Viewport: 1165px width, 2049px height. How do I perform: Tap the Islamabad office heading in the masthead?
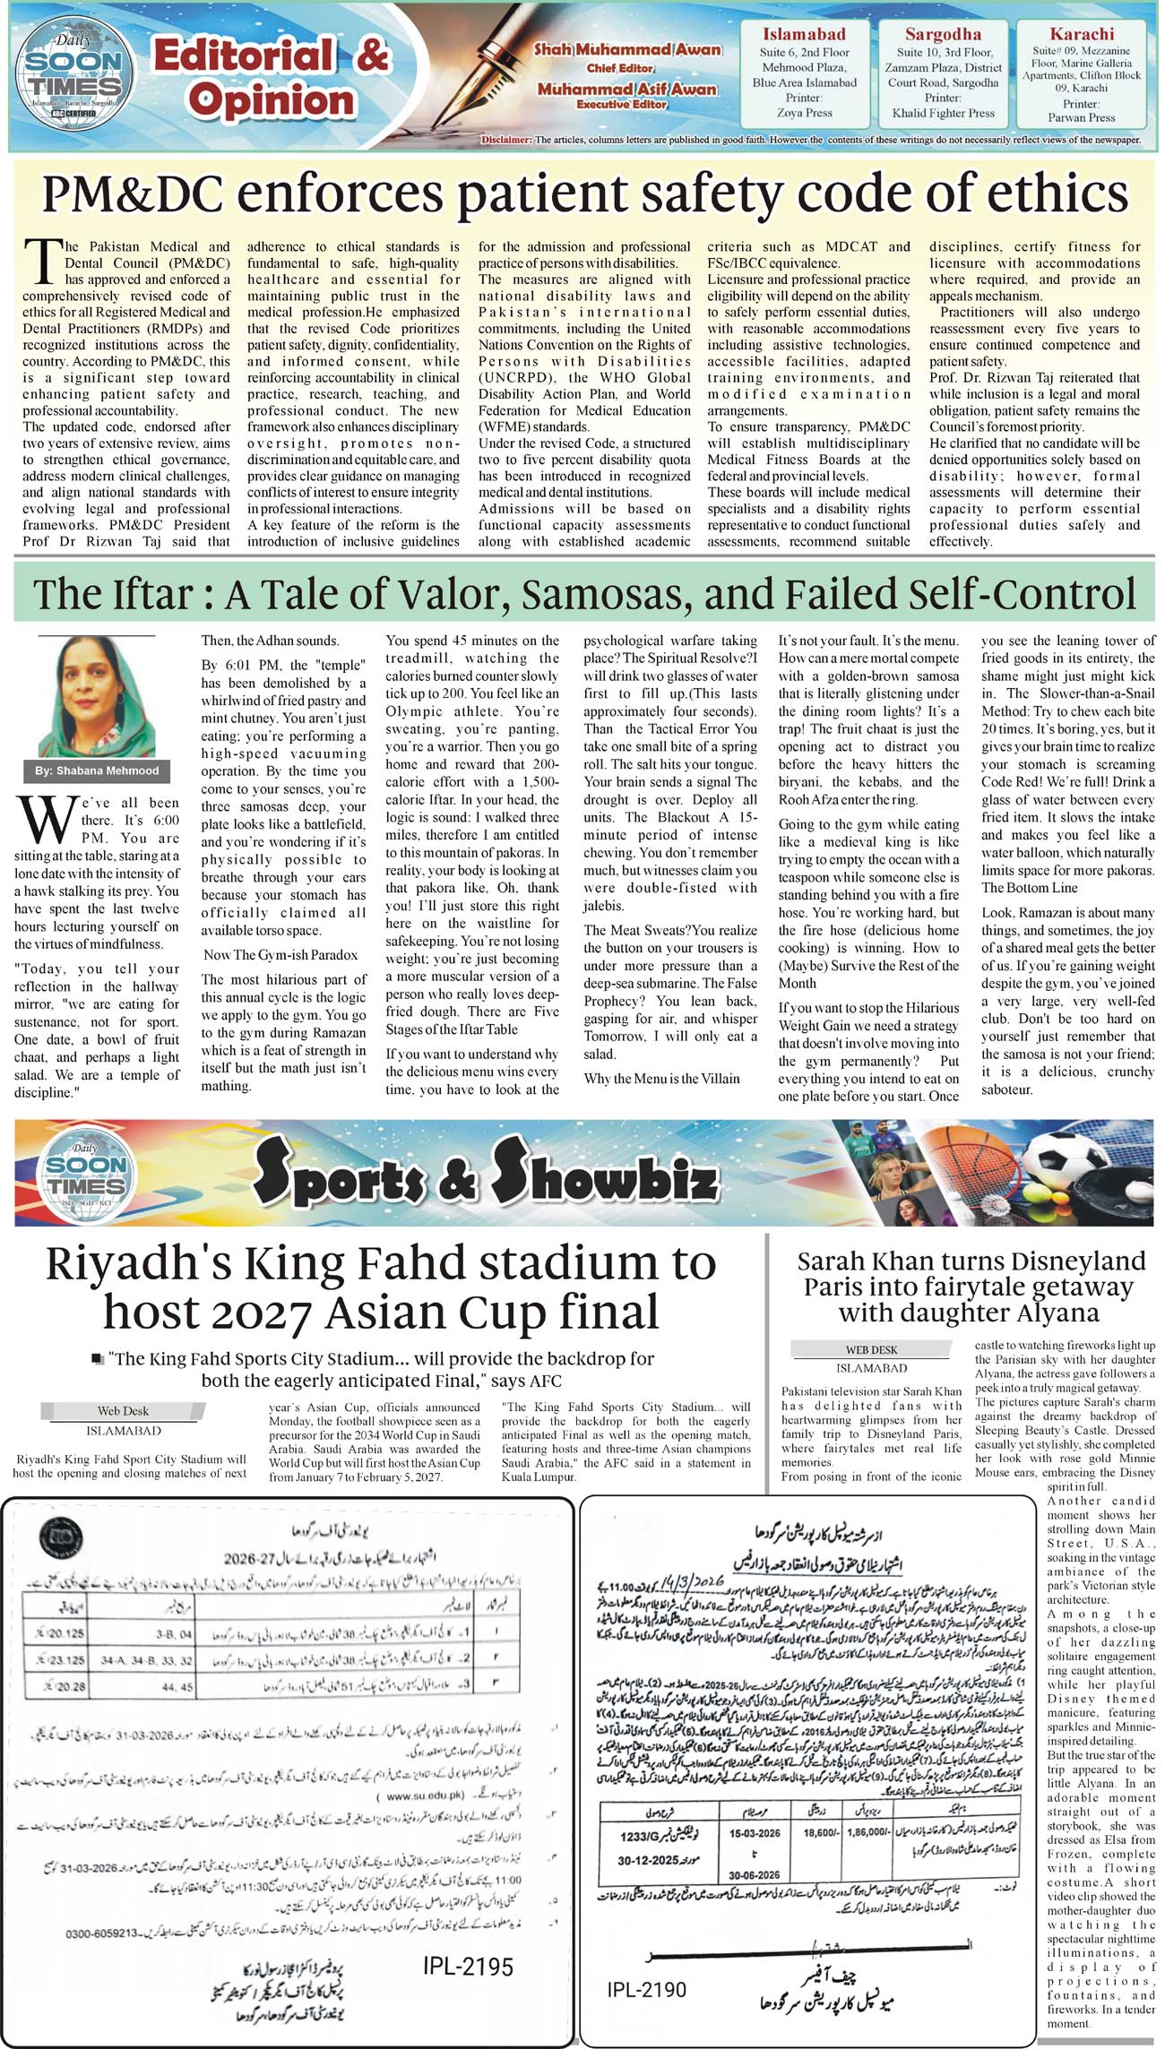(804, 34)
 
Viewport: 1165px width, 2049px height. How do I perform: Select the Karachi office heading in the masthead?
(1082, 34)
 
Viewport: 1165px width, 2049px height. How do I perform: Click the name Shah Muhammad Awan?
(627, 49)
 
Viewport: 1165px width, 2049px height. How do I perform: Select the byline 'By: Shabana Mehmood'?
(97, 771)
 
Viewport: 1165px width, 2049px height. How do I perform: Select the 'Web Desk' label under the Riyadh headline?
(124, 1410)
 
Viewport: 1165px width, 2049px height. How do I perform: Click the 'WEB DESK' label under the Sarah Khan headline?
(871, 1349)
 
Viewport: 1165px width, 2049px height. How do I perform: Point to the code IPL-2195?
(468, 1967)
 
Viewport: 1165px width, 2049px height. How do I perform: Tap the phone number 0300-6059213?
(102, 1909)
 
